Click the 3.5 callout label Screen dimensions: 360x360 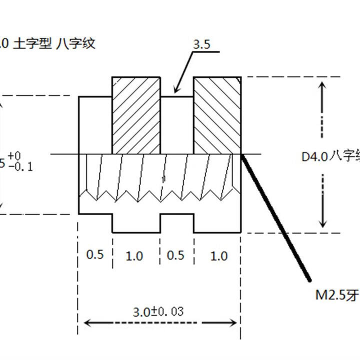click(x=201, y=44)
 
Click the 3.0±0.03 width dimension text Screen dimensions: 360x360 click(x=158, y=311)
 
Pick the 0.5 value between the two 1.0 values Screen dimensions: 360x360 click(x=175, y=255)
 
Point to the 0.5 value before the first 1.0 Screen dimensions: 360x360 click(x=95, y=254)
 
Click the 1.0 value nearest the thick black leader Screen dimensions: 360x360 click(x=218, y=256)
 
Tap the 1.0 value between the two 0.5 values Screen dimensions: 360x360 click(x=134, y=256)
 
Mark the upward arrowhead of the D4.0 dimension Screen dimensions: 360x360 click(x=323, y=84)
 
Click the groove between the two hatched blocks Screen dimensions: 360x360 click(x=177, y=125)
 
